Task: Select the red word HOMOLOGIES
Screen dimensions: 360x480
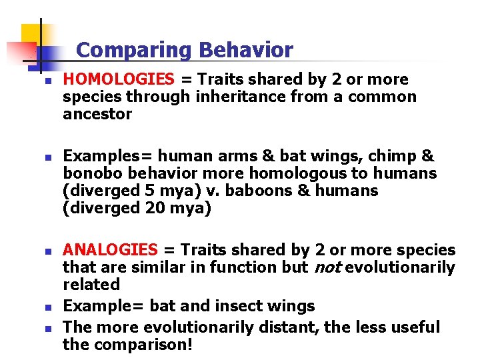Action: point(118,80)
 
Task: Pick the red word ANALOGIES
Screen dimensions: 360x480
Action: point(110,251)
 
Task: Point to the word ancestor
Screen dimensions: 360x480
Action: point(97,115)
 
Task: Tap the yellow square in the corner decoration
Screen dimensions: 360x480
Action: point(33,37)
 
